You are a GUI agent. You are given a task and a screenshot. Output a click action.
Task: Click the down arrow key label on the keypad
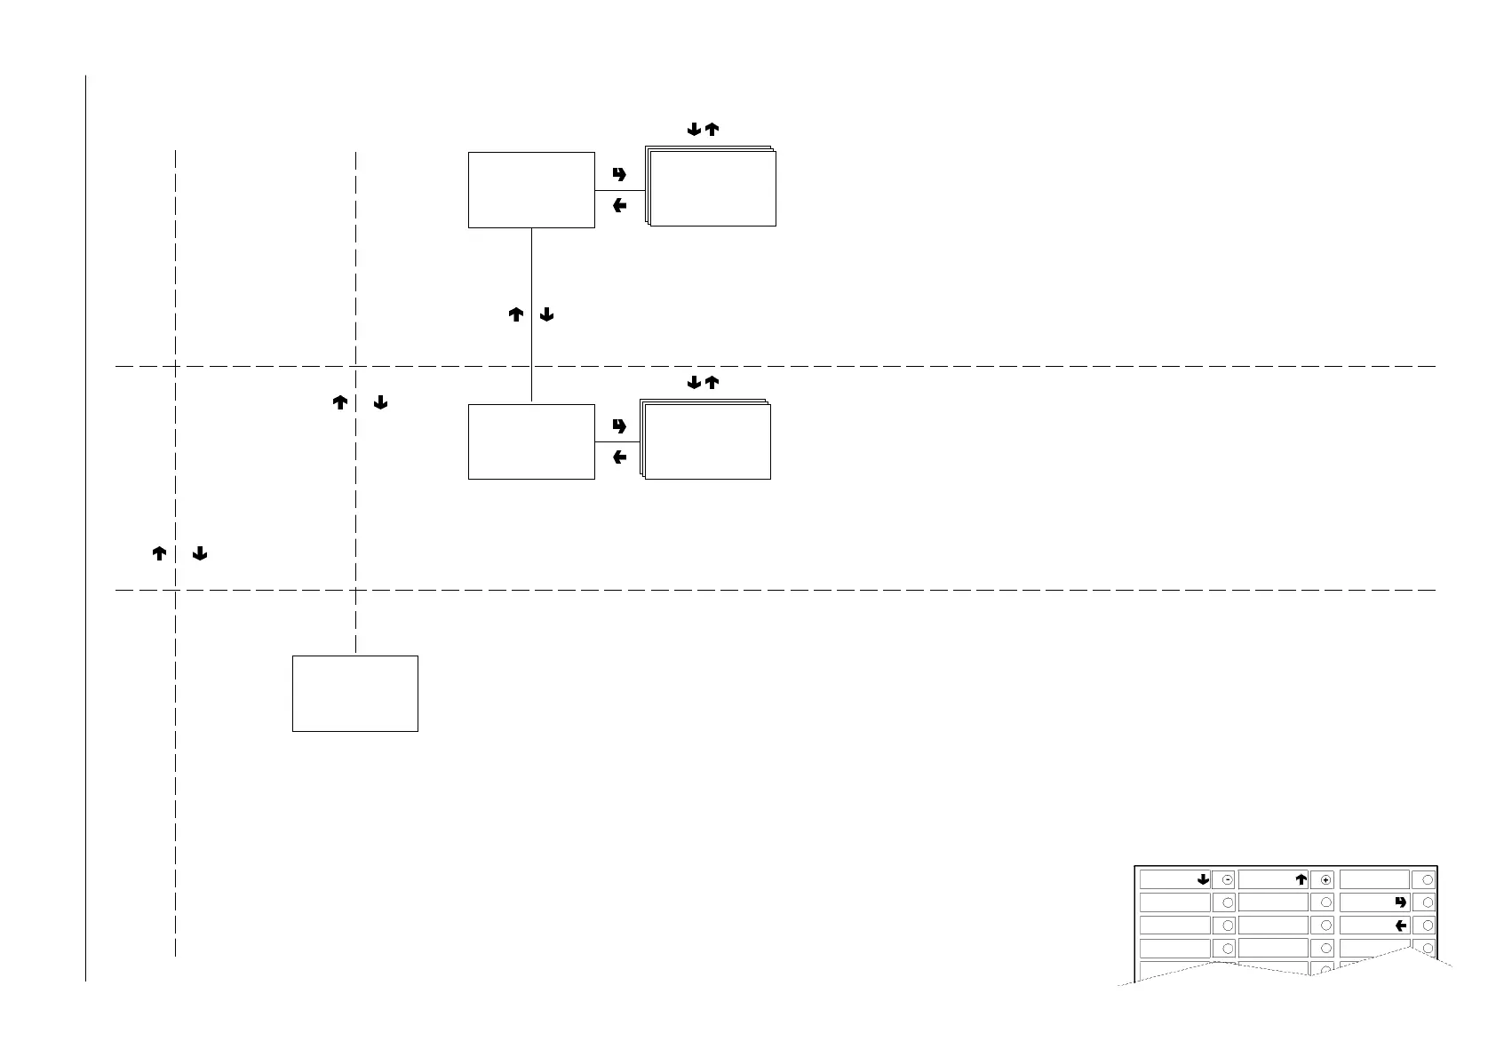[x=1203, y=879]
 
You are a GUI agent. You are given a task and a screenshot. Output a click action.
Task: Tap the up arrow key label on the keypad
[x=1301, y=879]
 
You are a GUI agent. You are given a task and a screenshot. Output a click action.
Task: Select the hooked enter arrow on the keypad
[x=1401, y=902]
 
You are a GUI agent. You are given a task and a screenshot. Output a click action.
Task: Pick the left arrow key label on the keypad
[x=1401, y=925]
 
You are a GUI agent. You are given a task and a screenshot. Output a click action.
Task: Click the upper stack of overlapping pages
[x=712, y=187]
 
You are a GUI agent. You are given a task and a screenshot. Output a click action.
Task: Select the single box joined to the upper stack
[x=531, y=189]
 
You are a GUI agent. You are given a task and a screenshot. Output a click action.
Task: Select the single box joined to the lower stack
[x=531, y=441]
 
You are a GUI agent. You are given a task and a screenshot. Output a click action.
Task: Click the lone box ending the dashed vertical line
[x=355, y=694]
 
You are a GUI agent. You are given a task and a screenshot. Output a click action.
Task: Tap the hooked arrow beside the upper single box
[x=619, y=174]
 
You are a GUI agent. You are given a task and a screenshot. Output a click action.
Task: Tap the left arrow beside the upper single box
[x=619, y=206]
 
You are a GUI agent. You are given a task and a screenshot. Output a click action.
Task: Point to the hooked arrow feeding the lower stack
[x=619, y=426]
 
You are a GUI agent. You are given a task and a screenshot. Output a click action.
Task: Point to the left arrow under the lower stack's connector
[x=619, y=457]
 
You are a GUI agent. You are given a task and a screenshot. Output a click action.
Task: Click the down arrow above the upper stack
[x=695, y=130]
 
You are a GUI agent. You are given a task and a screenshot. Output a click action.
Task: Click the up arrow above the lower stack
[x=712, y=383]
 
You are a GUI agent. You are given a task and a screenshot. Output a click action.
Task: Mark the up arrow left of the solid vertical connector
[x=515, y=314]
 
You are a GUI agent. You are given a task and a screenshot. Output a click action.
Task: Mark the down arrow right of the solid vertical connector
[x=547, y=314]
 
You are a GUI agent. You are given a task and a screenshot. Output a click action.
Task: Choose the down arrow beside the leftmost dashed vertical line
[x=200, y=554]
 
